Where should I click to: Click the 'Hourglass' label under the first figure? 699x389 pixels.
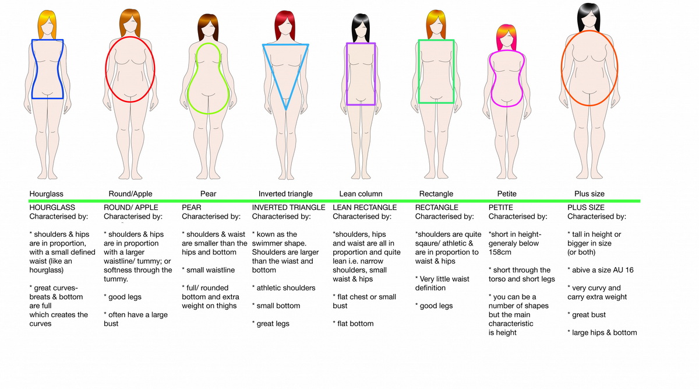[x=46, y=194]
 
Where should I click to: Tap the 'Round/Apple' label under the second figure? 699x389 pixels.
[x=130, y=194]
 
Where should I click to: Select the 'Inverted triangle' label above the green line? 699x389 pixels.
[x=285, y=194]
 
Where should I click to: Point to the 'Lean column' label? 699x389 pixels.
[x=361, y=194]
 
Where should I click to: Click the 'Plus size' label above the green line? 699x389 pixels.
[x=589, y=194]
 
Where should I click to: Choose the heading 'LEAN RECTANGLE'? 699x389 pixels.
[x=365, y=208]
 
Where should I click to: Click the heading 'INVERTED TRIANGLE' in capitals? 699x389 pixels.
[x=289, y=208]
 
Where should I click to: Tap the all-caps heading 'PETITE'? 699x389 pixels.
[x=500, y=208]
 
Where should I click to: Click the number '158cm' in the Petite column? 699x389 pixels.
[x=500, y=252]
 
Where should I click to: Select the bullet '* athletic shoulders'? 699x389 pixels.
[x=284, y=288]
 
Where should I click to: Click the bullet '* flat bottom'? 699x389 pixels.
[x=353, y=324]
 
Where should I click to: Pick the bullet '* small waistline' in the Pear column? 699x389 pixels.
[x=208, y=270]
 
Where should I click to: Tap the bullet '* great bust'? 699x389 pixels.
[x=587, y=314]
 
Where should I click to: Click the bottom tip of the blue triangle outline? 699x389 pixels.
[x=286, y=110]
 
